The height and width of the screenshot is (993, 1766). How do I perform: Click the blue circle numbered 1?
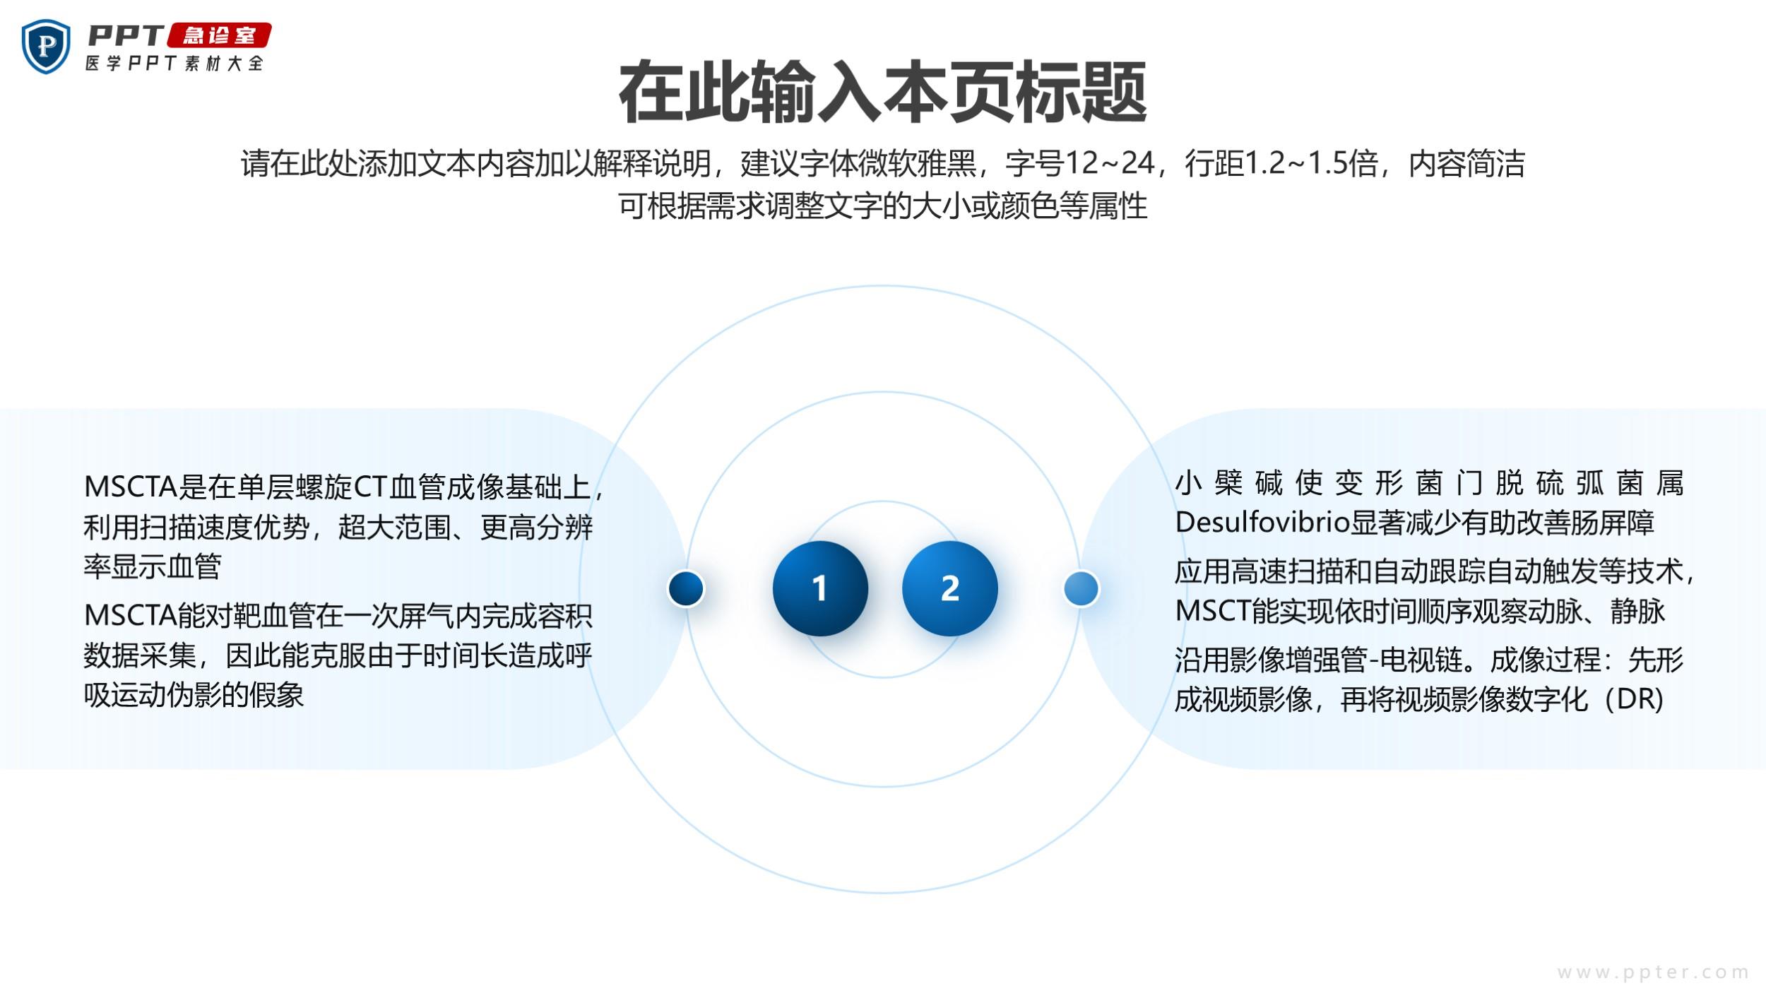pos(820,588)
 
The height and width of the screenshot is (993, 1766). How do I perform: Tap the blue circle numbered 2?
pos(950,588)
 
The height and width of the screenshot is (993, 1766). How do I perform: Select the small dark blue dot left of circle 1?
pos(686,588)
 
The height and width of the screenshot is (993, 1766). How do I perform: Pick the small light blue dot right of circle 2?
pos(1081,588)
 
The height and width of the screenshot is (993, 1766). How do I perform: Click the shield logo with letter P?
pos(46,46)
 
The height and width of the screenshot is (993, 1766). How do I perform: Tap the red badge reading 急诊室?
pos(220,35)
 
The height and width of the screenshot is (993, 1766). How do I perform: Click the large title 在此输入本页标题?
pos(883,93)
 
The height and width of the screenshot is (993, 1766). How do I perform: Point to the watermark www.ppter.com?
pos(1653,973)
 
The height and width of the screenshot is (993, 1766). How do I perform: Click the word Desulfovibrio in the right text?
pos(1262,523)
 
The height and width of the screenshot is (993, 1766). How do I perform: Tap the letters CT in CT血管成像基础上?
pos(371,487)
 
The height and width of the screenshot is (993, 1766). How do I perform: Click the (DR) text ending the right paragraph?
pos(1634,699)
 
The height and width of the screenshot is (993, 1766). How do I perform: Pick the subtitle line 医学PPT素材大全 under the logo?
pos(174,63)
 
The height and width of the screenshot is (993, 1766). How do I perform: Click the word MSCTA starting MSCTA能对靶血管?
pos(130,616)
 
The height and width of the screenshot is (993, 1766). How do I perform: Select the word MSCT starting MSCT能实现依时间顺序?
pos(1213,611)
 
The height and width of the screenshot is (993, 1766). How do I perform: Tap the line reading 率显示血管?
pos(153,566)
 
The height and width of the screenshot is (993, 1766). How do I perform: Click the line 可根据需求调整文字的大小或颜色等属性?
pos(883,206)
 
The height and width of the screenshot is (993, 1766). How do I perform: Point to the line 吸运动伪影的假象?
pos(194,696)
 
